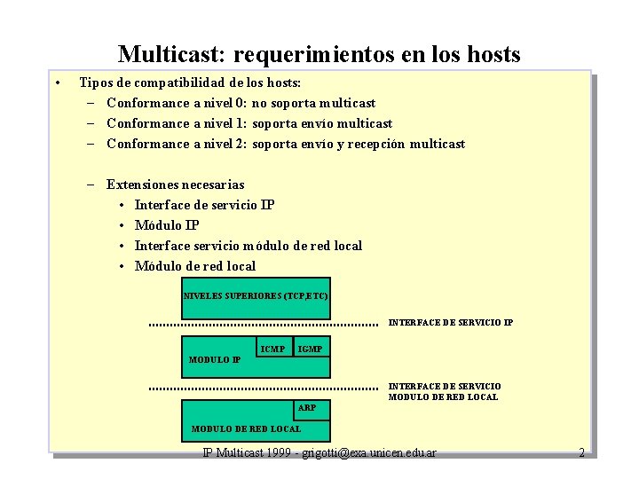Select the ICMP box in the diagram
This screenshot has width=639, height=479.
click(x=273, y=349)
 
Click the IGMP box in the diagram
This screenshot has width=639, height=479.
click(x=311, y=349)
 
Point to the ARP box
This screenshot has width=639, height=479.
click(x=307, y=408)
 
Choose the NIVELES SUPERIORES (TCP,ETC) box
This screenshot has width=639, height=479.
click(x=255, y=294)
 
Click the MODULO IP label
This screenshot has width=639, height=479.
click(x=214, y=360)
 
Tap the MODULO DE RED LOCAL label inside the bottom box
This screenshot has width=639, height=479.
click(x=246, y=429)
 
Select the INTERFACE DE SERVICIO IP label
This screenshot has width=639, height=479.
click(x=450, y=323)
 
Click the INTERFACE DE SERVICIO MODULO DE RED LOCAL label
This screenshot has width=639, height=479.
click(x=444, y=391)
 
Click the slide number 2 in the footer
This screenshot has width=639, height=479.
click(x=581, y=452)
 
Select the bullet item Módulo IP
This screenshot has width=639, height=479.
click(x=166, y=225)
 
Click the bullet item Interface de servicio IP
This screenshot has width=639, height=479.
click(x=204, y=205)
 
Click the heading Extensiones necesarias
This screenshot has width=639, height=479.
click(x=175, y=185)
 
